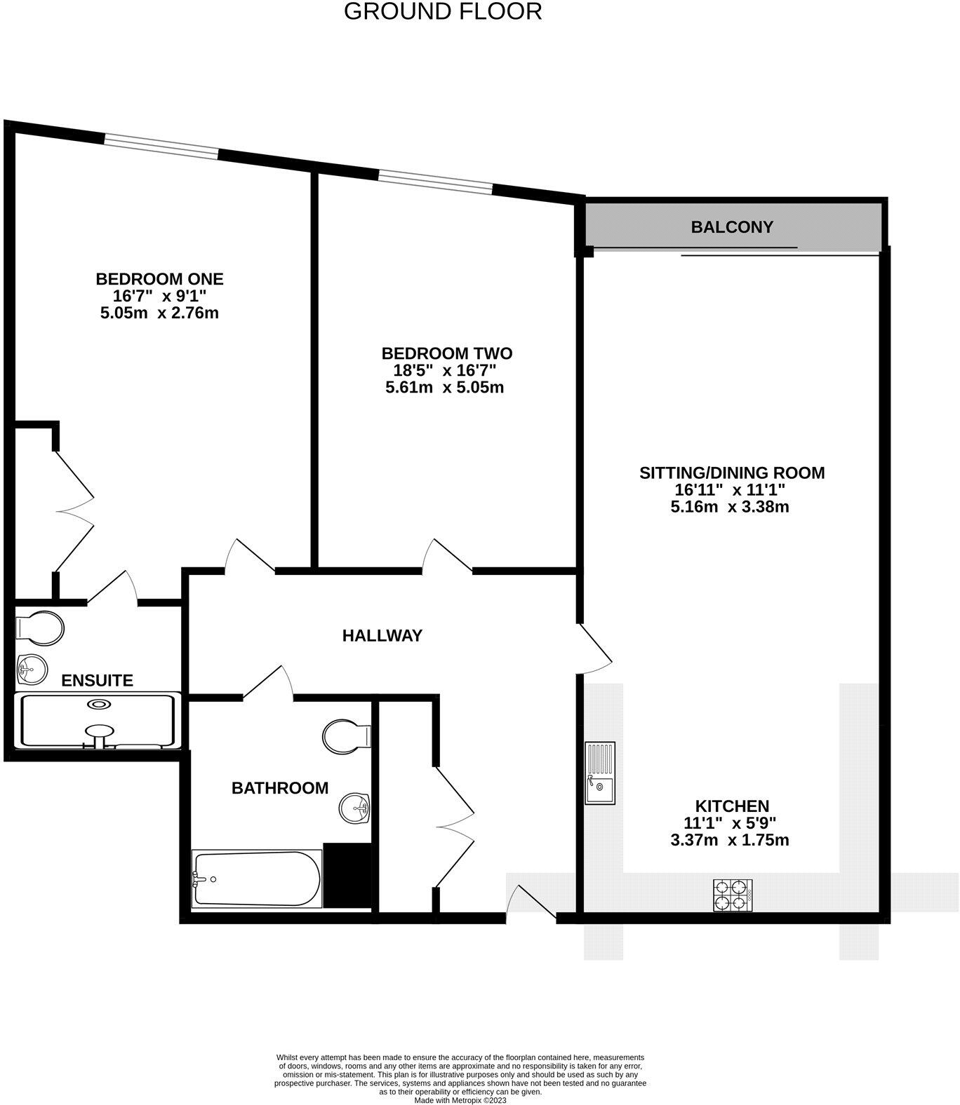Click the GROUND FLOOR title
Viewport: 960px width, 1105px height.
[442, 12]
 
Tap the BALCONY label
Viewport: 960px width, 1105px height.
[731, 227]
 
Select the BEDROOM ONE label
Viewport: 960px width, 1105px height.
[159, 279]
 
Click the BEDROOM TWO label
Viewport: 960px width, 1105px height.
[446, 353]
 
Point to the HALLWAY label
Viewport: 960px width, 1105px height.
[382, 636]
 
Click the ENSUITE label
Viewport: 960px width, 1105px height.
[97, 680]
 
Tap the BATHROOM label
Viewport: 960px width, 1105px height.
[280, 788]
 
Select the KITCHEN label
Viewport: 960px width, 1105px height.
[732, 806]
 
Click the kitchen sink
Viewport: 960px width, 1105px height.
[600, 773]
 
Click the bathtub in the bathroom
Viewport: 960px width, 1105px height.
[257, 879]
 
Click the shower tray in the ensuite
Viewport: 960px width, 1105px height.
[98, 721]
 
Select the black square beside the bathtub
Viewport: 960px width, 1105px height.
[347, 875]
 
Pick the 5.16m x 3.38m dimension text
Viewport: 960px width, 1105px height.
[730, 507]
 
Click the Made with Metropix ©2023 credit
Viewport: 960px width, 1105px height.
[460, 1100]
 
